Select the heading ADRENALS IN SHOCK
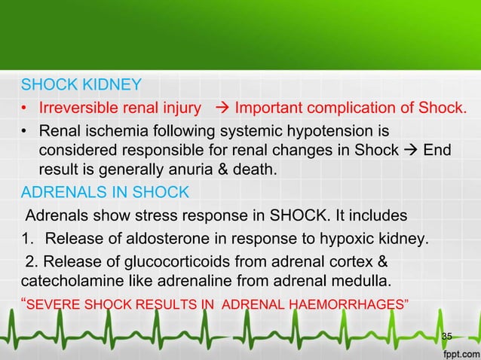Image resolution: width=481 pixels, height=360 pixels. (105, 192)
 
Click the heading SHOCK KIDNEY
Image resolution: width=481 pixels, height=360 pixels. (81, 83)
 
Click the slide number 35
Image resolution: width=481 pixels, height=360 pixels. (447, 335)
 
